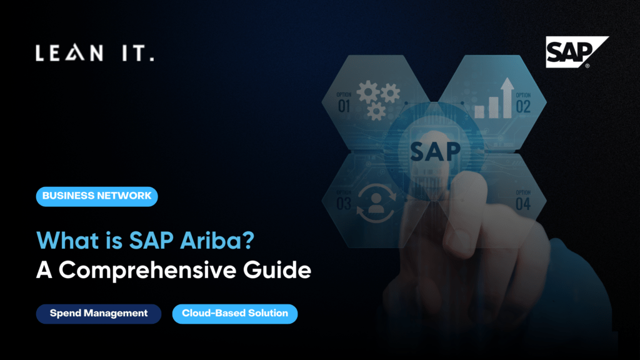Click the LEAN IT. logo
point(94,54)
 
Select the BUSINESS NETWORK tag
point(97,196)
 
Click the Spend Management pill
point(99,313)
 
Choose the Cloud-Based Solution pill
point(235,313)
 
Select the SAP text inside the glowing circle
point(435,151)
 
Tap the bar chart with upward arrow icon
point(494,98)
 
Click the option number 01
point(344,106)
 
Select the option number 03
point(344,203)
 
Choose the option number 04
point(523,203)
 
